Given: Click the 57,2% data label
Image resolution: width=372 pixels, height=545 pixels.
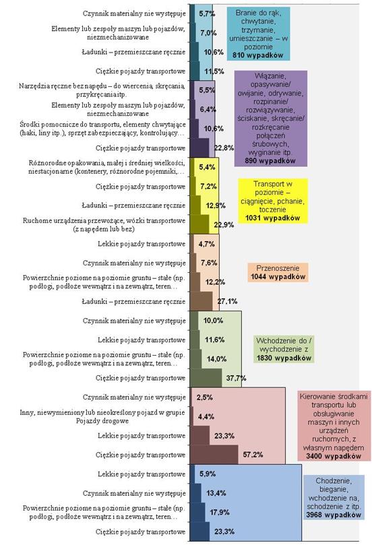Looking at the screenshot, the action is [x=253, y=454].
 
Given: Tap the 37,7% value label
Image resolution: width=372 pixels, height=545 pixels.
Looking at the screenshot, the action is [x=236, y=378].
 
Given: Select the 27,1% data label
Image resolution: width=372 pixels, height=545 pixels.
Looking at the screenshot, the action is [x=227, y=301].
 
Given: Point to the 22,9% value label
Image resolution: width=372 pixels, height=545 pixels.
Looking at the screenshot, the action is [x=224, y=224].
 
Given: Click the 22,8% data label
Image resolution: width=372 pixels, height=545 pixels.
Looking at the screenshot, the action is [x=224, y=148].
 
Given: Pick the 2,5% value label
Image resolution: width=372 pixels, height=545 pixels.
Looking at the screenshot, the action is [x=204, y=397].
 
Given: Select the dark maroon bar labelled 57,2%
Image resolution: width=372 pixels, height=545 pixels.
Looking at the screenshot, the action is [x=214, y=454].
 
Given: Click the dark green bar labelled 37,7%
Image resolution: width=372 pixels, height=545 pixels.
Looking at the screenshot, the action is [x=206, y=378].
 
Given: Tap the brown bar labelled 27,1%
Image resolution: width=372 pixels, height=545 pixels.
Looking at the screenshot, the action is [x=201, y=301].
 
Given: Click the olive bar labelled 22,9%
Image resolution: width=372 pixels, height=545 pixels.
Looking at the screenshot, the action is [x=199, y=224].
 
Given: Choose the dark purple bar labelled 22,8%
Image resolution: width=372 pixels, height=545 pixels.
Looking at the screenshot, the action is [x=199, y=148].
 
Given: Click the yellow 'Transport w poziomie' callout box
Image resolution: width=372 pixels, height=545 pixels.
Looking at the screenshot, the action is [x=273, y=201].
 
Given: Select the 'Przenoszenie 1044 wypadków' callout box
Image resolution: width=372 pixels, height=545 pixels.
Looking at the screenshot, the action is [x=278, y=272].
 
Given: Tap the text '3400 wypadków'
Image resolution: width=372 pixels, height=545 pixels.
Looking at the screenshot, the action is [x=334, y=456].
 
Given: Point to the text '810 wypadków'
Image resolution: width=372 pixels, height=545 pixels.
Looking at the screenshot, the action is [x=258, y=55].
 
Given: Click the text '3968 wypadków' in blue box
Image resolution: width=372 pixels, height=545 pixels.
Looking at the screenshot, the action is [x=334, y=515].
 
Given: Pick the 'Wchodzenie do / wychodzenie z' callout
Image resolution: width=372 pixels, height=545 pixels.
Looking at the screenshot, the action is [x=284, y=350].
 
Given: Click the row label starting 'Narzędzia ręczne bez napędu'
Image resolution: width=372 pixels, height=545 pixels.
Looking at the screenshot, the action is [x=102, y=90].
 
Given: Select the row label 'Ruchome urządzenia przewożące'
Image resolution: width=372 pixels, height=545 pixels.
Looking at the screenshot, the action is [x=104, y=224].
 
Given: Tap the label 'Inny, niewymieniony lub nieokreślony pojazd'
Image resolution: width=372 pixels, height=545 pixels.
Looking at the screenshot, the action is [x=102, y=416].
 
